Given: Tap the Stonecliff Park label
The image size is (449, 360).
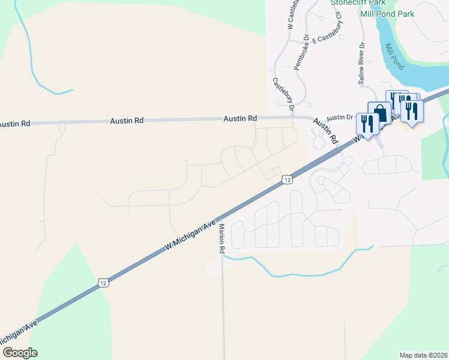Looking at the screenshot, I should pyautogui.click(x=357, y=2).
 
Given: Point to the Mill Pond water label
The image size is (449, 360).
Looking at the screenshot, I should pyautogui.click(x=394, y=55).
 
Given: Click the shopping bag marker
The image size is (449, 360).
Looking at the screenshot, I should pyautogui.click(x=379, y=113).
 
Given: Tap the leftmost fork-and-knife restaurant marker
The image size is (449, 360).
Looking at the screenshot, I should pyautogui.click(x=366, y=124).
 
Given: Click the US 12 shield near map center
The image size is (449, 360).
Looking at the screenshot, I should pyautogui.click(x=288, y=179).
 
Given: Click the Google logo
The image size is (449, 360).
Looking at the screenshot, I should pyautogui.click(x=19, y=353).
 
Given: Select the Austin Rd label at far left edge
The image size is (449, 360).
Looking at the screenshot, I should pyautogui.click(x=14, y=124).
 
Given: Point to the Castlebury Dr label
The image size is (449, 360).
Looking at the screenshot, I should pyautogui.click(x=283, y=95).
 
